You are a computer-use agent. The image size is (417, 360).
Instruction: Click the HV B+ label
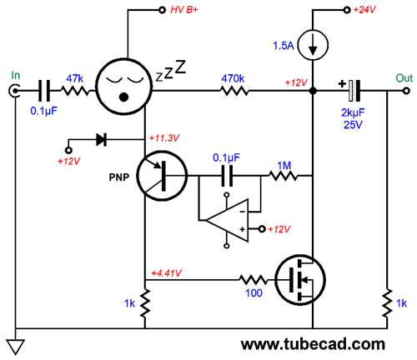click(184, 10)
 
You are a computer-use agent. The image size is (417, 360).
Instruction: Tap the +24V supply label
click(364, 10)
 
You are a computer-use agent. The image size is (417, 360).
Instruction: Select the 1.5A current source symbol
click(313, 45)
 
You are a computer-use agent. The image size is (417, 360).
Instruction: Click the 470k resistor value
click(233, 78)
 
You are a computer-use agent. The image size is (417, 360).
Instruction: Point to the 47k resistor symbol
click(74, 91)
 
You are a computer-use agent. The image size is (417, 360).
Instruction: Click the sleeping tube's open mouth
click(123, 97)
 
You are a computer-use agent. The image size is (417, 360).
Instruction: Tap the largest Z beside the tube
click(180, 67)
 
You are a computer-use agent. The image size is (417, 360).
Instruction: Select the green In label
click(16, 75)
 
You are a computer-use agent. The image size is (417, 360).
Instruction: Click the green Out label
click(404, 78)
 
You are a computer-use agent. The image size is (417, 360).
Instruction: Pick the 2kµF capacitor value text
click(353, 112)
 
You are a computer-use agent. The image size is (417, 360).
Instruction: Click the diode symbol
click(101, 139)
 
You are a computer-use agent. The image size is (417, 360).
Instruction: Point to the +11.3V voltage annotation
click(164, 138)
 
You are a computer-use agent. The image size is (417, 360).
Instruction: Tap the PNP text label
click(119, 177)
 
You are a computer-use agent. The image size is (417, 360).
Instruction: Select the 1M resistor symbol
click(283, 176)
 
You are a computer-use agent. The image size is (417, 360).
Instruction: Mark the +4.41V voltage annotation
click(167, 273)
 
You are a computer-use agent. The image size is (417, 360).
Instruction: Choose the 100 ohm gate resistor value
click(254, 292)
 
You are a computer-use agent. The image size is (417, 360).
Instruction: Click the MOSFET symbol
click(300, 280)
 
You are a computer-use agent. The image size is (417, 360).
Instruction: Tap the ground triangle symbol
click(16, 347)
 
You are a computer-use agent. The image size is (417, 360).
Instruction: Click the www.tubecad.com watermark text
click(313, 344)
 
